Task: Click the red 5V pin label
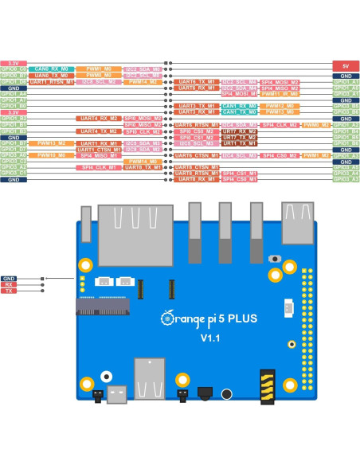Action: click(345, 66)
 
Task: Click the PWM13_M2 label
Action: click(280, 112)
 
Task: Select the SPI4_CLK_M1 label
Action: click(97, 168)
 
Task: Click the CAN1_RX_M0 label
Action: click(237, 106)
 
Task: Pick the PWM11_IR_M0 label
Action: click(280, 94)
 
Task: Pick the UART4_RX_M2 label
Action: click(97, 119)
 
